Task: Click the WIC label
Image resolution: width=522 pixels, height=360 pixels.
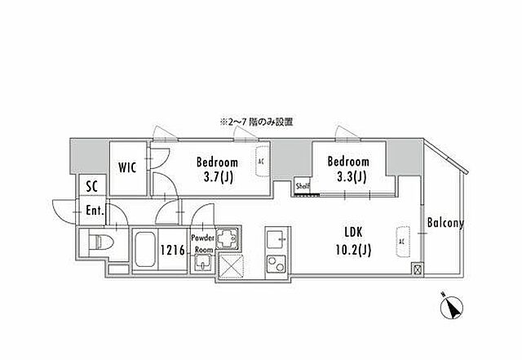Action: click(x=126, y=168)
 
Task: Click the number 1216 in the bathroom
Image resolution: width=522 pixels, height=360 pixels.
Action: click(x=173, y=251)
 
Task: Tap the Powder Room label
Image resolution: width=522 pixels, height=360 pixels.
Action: click(x=202, y=243)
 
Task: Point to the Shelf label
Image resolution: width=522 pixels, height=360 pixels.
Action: click(x=302, y=186)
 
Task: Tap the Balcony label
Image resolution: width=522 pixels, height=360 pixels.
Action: click(x=445, y=222)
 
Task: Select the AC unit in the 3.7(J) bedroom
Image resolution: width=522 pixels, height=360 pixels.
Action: click(x=261, y=161)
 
